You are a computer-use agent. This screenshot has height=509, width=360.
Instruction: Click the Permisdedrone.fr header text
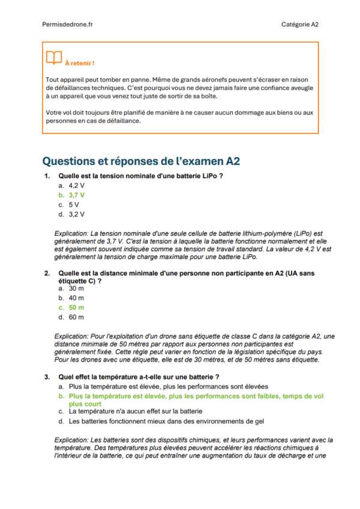pyautogui.click(x=67, y=24)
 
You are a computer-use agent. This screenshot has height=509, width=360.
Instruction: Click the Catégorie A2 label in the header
pyautogui.click(x=299, y=24)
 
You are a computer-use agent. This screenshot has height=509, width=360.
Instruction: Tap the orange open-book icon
pyautogui.click(x=54, y=58)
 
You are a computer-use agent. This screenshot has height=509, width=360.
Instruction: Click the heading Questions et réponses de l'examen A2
pyautogui.click(x=141, y=161)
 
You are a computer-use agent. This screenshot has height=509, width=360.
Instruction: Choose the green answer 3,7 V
pyautogui.click(x=76, y=195)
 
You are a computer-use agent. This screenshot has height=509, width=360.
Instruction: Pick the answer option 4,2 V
pyautogui.click(x=76, y=186)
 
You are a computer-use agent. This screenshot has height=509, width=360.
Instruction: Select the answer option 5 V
pyautogui.click(x=74, y=204)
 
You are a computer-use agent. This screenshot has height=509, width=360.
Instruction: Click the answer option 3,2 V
pyautogui.click(x=76, y=213)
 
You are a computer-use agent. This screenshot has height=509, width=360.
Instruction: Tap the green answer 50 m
pyautogui.click(x=76, y=307)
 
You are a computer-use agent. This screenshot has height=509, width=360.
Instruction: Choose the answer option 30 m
pyautogui.click(x=76, y=288)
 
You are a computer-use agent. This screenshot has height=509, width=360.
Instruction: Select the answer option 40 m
pyautogui.click(x=76, y=297)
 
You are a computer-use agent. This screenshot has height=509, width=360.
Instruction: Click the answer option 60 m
pyautogui.click(x=76, y=317)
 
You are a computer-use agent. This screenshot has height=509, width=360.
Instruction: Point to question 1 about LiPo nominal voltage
pyautogui.click(x=141, y=176)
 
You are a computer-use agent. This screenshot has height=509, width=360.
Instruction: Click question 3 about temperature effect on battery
pyautogui.click(x=139, y=377)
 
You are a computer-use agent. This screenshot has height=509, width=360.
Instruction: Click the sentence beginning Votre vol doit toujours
pyautogui.click(x=180, y=116)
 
